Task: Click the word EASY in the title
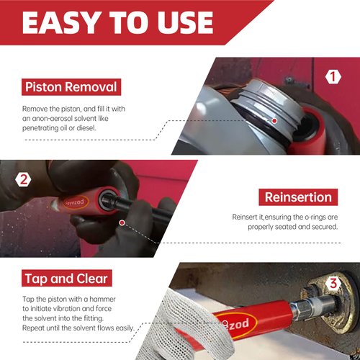(x=62, y=22)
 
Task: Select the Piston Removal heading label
(x=70, y=88)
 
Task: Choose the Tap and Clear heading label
(x=66, y=278)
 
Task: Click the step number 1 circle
(x=333, y=76)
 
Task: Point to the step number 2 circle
(x=23, y=179)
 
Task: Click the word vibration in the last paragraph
(x=69, y=308)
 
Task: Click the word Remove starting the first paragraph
(x=37, y=108)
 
